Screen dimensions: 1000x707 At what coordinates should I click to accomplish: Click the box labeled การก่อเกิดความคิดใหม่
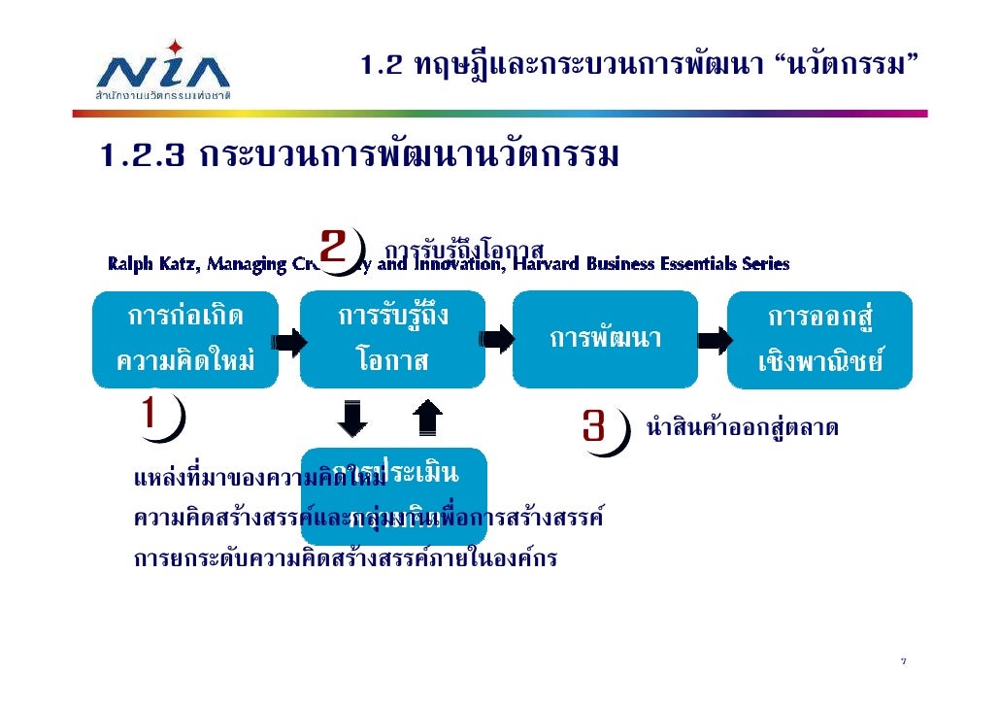[x=184, y=339]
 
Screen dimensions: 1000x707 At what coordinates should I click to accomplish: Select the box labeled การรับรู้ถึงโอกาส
[x=392, y=339]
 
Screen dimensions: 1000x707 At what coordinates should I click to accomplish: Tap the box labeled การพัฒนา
[x=605, y=339]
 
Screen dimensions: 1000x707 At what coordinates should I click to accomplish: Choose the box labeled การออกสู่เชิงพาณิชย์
[x=820, y=339]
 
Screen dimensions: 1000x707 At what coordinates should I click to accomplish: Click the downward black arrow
[x=351, y=419]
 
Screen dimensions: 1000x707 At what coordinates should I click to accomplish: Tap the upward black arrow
[x=427, y=419]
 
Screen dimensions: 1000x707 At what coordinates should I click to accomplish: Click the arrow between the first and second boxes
[x=289, y=342]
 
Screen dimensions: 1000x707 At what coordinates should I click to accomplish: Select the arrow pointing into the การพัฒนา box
[x=497, y=339]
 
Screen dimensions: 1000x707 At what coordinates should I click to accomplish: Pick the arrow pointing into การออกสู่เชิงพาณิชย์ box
[x=714, y=341]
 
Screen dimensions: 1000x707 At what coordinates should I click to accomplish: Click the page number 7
[x=903, y=662]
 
